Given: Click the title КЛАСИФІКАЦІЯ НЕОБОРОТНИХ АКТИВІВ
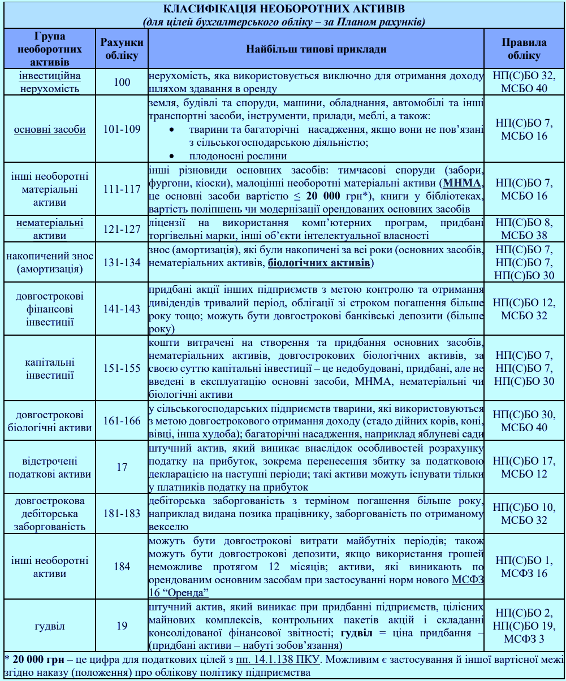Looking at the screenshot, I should pyautogui.click(x=284, y=9).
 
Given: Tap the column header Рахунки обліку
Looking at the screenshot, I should pyautogui.click(x=122, y=49).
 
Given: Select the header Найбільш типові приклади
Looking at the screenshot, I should pyautogui.click(x=316, y=49).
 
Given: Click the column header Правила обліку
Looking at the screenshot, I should pyautogui.click(x=524, y=49).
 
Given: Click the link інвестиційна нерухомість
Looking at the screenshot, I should pyautogui.click(x=50, y=82).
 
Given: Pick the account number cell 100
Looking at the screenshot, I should pyautogui.click(x=122, y=83).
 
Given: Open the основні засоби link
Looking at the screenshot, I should pyautogui.click(x=50, y=129).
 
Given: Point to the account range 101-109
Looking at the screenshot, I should pyautogui.click(x=122, y=129).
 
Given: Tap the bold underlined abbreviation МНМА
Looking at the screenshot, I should pyautogui.click(x=462, y=183).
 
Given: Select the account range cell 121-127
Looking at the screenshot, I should pyautogui.click(x=122, y=229).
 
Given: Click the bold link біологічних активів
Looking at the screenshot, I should pyautogui.click(x=319, y=263).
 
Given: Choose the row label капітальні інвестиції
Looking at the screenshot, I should pyautogui.click(x=50, y=368).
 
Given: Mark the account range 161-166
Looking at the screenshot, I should pyautogui.click(x=122, y=421).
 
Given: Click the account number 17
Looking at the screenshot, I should pyautogui.click(x=122, y=467).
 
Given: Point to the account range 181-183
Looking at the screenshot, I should pyautogui.click(x=122, y=514).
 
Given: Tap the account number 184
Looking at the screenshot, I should pyautogui.click(x=122, y=566).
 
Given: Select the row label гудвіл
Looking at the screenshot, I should pyautogui.click(x=50, y=626).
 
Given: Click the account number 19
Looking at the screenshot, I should pyautogui.click(x=122, y=626).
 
